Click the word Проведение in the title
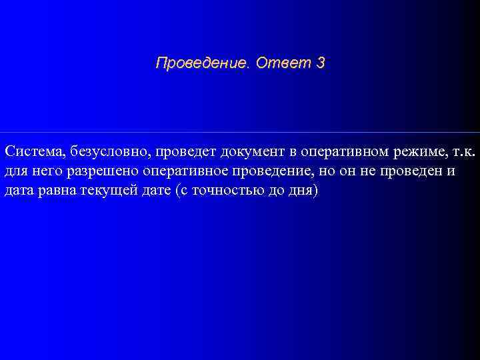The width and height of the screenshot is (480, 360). coord(200,64)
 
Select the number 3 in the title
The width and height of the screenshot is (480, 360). coord(321,64)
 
